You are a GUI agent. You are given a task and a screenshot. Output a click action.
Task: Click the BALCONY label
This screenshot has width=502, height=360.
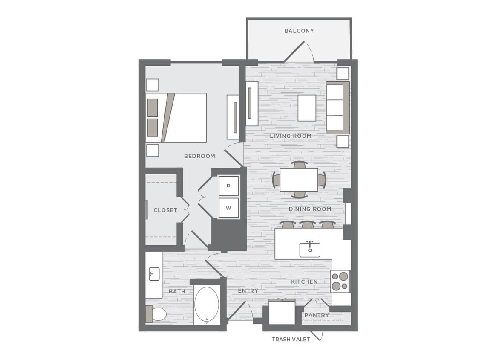point(299,31)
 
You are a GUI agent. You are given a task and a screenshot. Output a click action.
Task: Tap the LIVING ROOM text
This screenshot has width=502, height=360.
point(291,136)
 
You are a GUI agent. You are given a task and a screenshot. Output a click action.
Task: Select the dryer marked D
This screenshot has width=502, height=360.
point(228,186)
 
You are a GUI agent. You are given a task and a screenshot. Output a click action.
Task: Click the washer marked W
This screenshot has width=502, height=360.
point(228,208)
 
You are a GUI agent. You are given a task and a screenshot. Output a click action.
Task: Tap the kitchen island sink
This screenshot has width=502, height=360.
point(310,249)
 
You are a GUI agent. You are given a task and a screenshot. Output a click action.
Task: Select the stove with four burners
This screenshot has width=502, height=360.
point(340,281)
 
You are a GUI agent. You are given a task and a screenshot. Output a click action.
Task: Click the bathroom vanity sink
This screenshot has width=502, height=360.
point(154,274)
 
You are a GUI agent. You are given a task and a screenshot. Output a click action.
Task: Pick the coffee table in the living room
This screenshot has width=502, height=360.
point(307,107)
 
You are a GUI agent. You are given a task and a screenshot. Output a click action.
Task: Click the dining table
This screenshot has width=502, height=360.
point(299,180)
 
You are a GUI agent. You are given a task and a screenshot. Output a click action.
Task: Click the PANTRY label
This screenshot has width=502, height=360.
point(317,315)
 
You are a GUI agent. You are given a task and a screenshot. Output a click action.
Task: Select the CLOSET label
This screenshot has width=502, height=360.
point(165,210)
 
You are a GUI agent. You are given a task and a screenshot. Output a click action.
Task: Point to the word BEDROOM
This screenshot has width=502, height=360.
point(199,156)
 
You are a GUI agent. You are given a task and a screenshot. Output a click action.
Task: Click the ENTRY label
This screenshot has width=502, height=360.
point(248,291)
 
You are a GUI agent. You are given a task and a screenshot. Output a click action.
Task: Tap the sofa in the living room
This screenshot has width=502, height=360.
point(337,107)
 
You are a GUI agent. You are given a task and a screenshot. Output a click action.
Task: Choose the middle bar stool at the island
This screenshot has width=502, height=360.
point(307,224)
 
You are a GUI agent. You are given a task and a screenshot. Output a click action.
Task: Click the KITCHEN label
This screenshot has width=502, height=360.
point(304,282)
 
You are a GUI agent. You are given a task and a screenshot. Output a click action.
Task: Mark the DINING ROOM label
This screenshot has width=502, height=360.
point(310,209)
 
